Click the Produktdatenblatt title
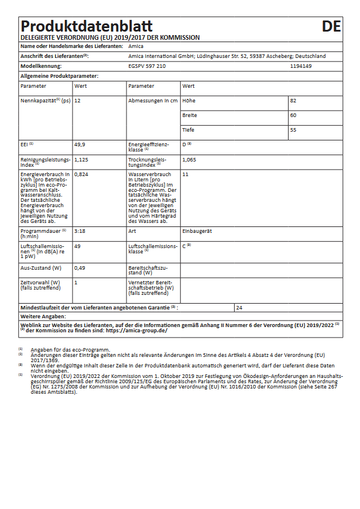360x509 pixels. pos(87,26)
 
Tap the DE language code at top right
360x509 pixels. pos(331,26)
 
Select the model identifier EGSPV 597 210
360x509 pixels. pos(147,66)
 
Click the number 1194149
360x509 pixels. pos(301,66)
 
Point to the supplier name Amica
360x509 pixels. pos(136,46)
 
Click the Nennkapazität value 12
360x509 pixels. pos(77,101)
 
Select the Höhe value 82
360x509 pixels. pos(293,101)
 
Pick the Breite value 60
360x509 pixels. pos(293,115)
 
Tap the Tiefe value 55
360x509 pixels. pos(293,130)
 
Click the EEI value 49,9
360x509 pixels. pos(80,144)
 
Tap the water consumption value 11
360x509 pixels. pos(185,174)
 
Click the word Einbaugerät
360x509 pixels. pos(197,231)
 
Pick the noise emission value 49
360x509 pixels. pos(77,246)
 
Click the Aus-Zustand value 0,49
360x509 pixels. pos(80,267)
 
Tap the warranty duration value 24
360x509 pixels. pos(239,307)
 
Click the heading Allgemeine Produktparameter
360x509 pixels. pos(59,76)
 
